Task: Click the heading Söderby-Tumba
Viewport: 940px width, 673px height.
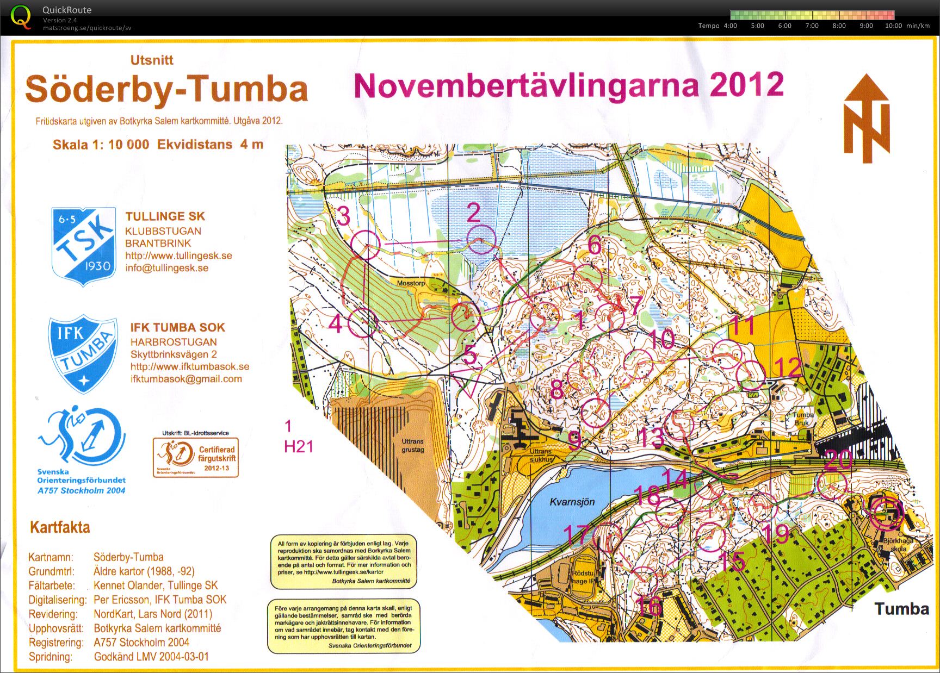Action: (166, 89)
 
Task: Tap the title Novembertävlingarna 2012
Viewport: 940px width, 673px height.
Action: (568, 85)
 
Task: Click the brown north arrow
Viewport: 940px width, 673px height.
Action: (867, 120)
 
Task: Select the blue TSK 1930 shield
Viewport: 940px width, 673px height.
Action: (84, 247)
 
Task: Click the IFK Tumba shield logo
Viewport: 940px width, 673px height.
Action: (83, 353)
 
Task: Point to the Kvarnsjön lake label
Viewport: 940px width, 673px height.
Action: (572, 502)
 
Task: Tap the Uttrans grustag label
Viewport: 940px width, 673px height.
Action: (413, 445)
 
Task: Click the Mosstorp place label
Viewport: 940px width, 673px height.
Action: (411, 283)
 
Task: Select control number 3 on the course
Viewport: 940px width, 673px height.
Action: (343, 216)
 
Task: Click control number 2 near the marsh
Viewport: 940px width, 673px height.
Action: (474, 213)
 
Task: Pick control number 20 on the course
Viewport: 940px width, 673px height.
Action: (838, 460)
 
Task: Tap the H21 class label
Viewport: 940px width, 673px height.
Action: (299, 446)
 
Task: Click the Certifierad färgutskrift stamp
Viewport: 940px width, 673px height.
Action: (196, 458)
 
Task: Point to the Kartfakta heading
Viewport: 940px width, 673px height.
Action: (60, 527)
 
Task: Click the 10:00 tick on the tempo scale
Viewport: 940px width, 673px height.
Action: (893, 26)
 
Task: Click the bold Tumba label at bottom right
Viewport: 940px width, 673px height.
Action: (901, 608)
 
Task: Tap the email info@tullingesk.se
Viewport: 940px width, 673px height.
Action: (167, 268)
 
